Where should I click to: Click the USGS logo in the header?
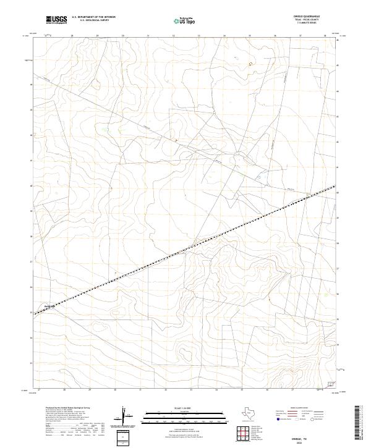(56, 20)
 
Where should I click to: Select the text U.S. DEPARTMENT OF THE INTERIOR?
(93, 17)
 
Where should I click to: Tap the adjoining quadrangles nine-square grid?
(243, 433)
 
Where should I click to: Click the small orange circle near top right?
(250, 63)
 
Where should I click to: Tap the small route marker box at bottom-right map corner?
(329, 385)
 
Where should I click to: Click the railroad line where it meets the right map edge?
(335, 186)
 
